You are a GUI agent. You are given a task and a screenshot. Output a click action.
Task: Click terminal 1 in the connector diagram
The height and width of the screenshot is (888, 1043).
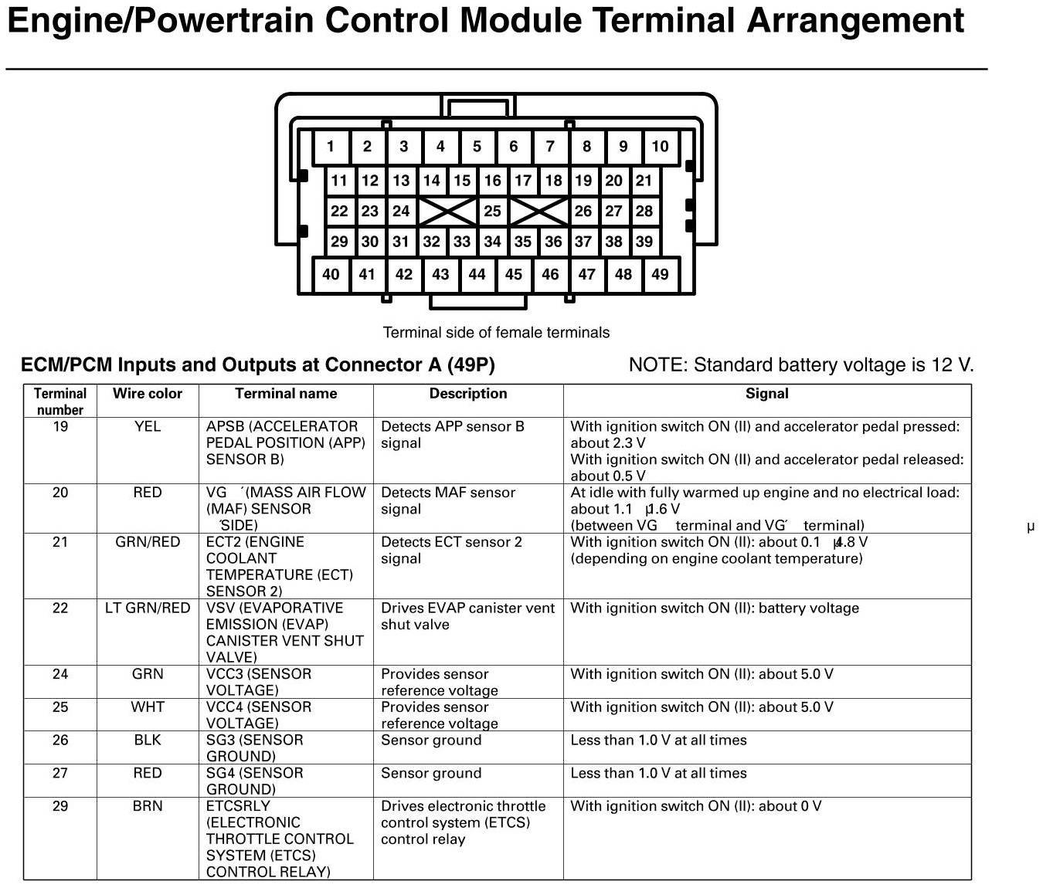pos(331,147)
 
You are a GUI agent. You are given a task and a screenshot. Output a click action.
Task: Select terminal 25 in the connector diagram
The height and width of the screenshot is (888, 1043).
pos(492,211)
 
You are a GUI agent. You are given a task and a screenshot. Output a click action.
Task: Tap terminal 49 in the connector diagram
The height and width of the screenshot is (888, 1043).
pos(660,274)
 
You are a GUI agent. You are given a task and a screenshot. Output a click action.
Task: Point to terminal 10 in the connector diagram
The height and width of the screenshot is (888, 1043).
pos(660,147)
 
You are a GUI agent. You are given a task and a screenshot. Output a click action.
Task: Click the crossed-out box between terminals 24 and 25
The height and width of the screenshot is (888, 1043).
pos(447,211)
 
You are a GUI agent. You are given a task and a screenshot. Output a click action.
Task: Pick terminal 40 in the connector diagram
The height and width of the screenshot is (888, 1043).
pos(331,274)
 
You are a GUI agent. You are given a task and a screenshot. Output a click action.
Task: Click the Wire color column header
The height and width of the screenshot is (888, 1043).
pos(148,394)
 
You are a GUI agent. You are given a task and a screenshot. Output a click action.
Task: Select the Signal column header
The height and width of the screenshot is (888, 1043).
pos(766,394)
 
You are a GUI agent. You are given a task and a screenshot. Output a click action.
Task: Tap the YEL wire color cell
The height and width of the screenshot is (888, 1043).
pos(148,427)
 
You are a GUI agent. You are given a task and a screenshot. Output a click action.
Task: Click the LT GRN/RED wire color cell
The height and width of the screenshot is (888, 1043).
pos(148,608)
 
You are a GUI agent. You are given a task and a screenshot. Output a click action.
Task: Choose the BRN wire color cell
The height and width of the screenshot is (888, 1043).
pos(148,806)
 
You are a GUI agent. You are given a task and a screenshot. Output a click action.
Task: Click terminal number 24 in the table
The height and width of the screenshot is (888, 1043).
pos(60,674)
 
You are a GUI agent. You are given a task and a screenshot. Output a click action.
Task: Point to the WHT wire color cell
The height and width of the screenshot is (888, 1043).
pos(148,707)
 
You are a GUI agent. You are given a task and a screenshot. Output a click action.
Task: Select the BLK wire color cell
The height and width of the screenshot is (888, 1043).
pos(148,741)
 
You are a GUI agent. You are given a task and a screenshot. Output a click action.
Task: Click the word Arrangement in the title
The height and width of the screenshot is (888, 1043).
pos(855,22)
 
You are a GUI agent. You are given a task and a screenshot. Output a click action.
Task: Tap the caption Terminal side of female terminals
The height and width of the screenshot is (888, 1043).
pos(496,333)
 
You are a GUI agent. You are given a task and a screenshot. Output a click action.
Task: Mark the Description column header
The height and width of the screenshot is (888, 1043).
pos(468,394)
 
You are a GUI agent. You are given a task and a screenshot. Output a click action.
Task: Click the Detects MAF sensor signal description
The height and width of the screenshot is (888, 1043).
pos(448,501)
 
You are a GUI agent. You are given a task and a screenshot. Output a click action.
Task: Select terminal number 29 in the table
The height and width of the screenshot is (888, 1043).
pos(60,806)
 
